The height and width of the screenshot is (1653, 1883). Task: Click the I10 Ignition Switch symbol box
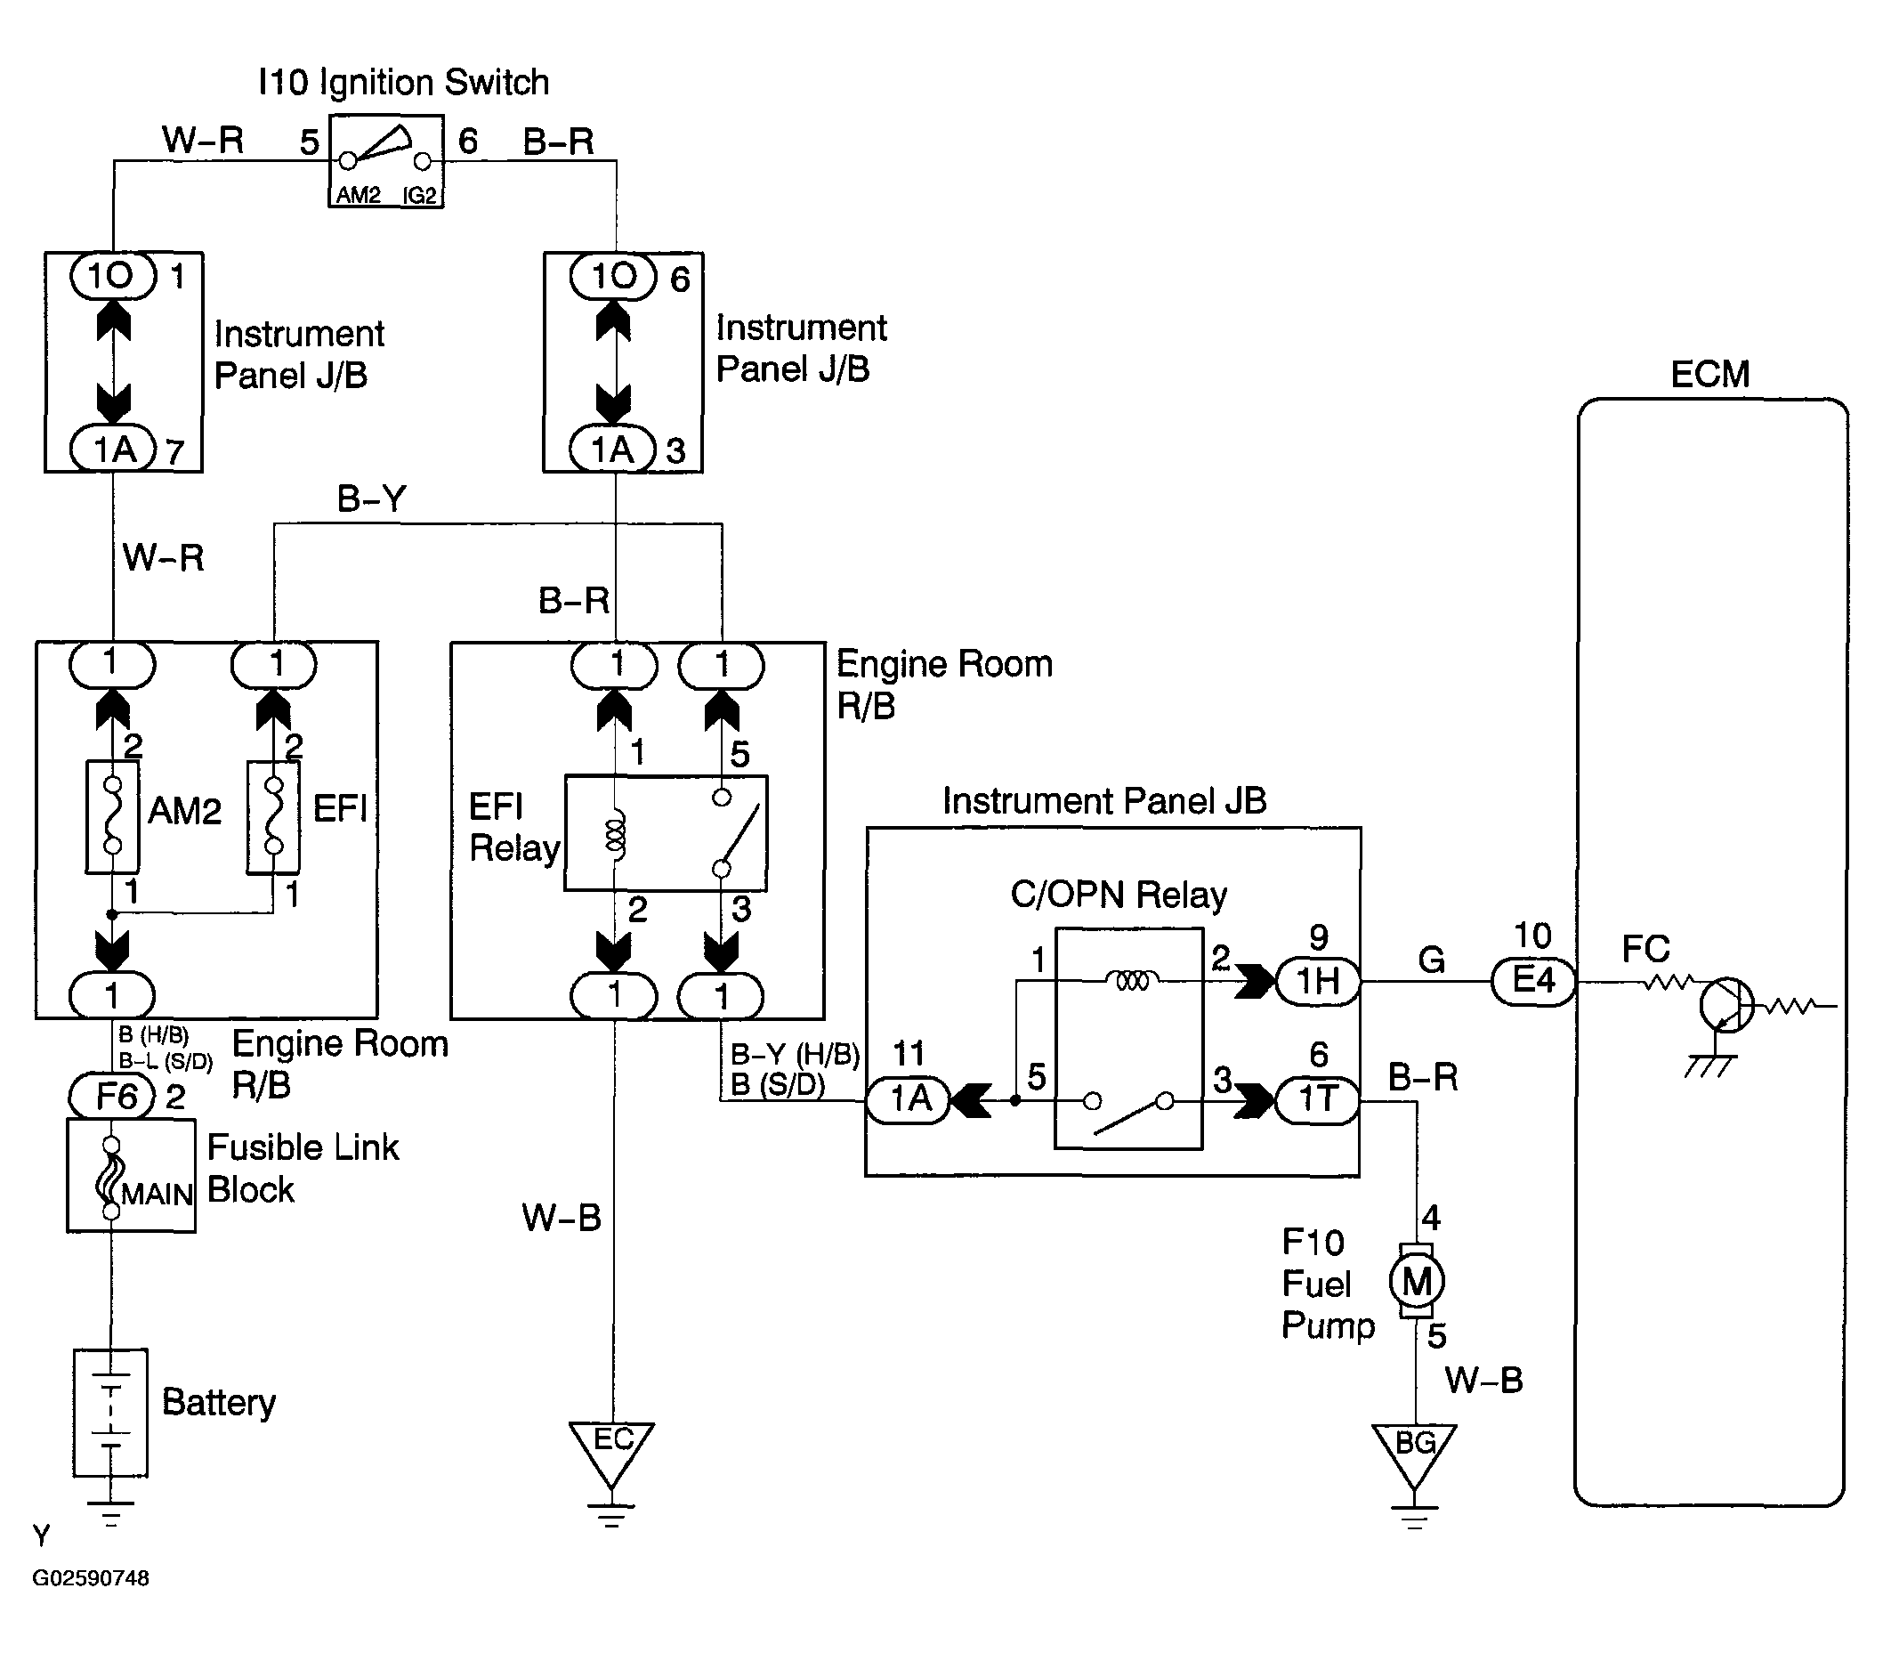click(x=386, y=161)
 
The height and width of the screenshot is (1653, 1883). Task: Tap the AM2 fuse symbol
click(x=112, y=816)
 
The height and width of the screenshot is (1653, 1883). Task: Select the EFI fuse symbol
click(x=272, y=816)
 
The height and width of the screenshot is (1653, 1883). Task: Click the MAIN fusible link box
click(x=131, y=1176)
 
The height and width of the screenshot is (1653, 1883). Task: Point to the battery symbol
click(x=110, y=1413)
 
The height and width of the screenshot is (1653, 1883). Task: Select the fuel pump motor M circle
click(x=1417, y=1281)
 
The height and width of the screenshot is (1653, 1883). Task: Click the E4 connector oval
click(x=1533, y=982)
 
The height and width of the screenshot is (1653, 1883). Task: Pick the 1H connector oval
click(x=1318, y=982)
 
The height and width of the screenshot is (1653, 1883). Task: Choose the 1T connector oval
click(x=1317, y=1100)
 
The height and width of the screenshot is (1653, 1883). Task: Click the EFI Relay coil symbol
click(x=614, y=834)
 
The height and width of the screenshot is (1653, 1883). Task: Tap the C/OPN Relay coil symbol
click(x=1132, y=980)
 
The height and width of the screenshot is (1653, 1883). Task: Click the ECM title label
click(x=1709, y=374)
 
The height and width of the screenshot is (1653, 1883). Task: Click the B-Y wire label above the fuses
click(x=371, y=498)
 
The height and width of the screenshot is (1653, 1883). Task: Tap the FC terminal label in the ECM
click(x=1645, y=948)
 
